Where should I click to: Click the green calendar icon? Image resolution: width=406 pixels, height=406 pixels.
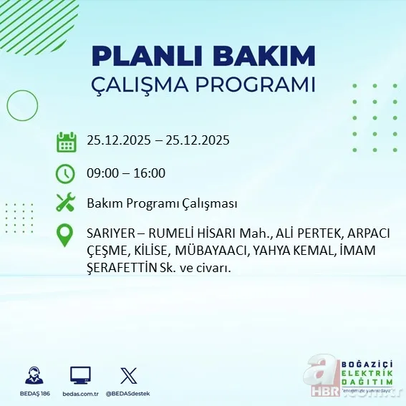pyautogui.click(x=66, y=141)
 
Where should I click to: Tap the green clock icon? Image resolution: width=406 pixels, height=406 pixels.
pyautogui.click(x=66, y=173)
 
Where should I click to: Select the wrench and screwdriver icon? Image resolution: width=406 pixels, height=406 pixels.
pyautogui.click(x=66, y=203)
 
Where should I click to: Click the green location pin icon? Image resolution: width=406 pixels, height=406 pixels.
pyautogui.click(x=66, y=236)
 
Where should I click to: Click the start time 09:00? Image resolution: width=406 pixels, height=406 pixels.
pyautogui.click(x=102, y=173)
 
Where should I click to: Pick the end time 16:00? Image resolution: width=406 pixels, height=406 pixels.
pyautogui.click(x=150, y=173)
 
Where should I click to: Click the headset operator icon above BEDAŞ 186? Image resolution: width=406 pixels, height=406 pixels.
pyautogui.click(x=32, y=376)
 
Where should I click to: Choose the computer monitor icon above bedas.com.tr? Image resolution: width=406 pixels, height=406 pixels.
pyautogui.click(x=80, y=376)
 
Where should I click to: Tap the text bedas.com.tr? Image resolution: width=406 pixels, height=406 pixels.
pyautogui.click(x=80, y=394)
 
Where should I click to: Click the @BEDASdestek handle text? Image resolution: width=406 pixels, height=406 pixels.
pyautogui.click(x=129, y=394)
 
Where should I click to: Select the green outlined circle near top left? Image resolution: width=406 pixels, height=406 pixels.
pyautogui.click(x=22, y=105)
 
